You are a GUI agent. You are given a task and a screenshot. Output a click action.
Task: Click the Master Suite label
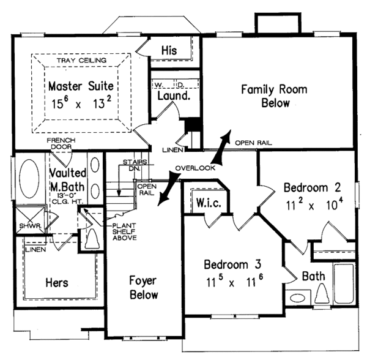click(x=81, y=86)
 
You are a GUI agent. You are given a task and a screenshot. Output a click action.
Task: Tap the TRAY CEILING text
click(x=81, y=61)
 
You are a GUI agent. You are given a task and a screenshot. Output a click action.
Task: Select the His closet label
click(x=169, y=50)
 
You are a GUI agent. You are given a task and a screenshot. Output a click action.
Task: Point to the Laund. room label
click(x=174, y=96)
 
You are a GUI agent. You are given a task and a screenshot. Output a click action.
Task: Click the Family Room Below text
click(x=274, y=96)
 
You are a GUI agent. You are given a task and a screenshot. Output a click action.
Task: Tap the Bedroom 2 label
click(x=312, y=187)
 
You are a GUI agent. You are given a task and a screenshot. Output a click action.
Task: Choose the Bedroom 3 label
click(x=232, y=264)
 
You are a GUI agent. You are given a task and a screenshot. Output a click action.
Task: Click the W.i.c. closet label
click(x=209, y=203)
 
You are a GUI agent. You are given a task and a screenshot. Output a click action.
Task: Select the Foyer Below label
click(x=144, y=287)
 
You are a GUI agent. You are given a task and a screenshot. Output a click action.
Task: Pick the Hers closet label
click(x=57, y=282)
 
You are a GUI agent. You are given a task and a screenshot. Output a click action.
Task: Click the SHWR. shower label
click(x=31, y=226)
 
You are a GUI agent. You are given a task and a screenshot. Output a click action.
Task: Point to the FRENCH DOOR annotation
click(x=61, y=143)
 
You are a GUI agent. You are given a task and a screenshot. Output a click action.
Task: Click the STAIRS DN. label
click(x=135, y=165)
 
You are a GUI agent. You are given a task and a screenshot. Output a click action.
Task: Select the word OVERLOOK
click(x=195, y=168)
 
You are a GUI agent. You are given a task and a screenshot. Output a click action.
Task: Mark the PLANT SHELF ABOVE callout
click(x=125, y=231)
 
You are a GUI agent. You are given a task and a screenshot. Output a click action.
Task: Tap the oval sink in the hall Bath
click(x=298, y=298)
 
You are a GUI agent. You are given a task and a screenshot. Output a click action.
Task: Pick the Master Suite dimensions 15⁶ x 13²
click(x=81, y=103)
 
